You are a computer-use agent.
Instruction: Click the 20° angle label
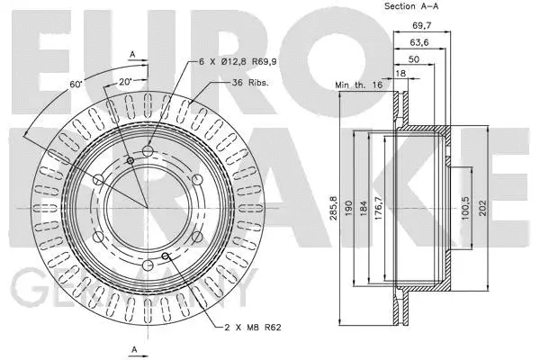tap(123, 80)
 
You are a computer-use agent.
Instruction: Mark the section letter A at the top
tap(133, 53)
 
